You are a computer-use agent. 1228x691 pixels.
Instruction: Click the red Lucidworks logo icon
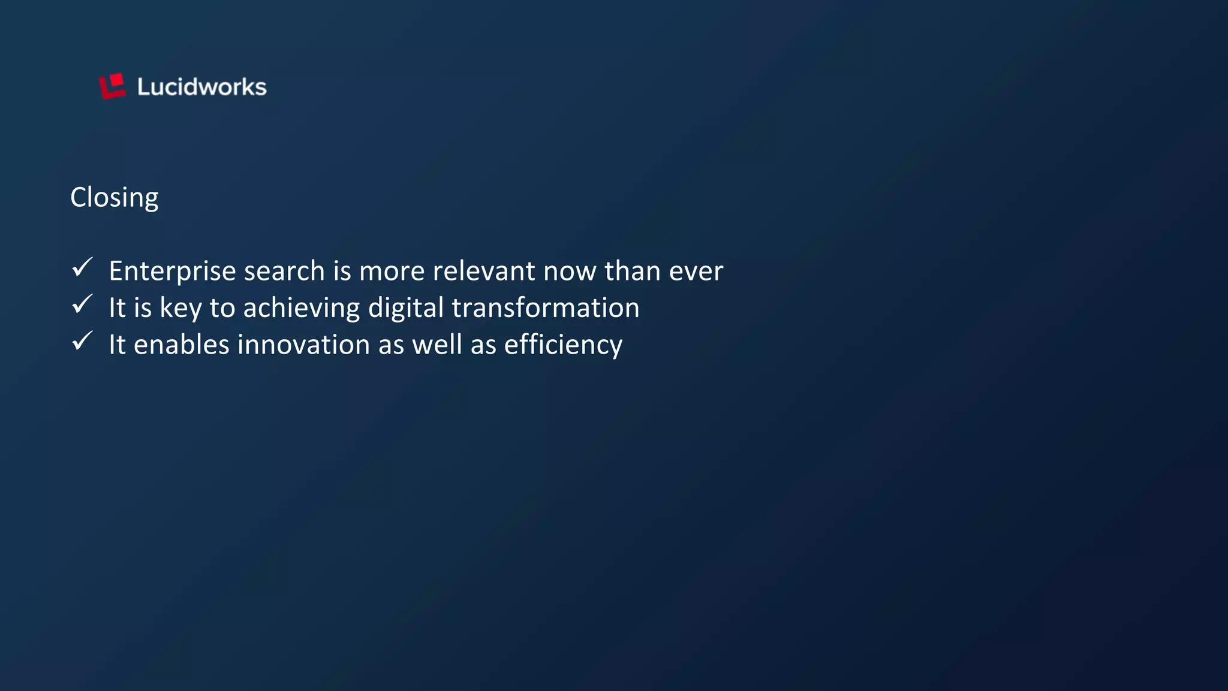pos(112,86)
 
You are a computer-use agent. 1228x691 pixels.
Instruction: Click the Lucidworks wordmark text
pos(201,87)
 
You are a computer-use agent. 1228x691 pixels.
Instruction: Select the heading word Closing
pos(115,198)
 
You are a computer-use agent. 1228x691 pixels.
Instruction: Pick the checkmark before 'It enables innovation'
pos(82,341)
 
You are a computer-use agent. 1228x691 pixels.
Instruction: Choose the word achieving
pos(302,308)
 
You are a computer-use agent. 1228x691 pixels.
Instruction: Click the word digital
pos(406,308)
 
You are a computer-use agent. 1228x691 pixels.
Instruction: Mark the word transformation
pos(546,308)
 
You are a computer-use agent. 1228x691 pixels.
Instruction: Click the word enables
pos(182,345)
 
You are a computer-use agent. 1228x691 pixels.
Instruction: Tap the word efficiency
pos(563,345)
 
